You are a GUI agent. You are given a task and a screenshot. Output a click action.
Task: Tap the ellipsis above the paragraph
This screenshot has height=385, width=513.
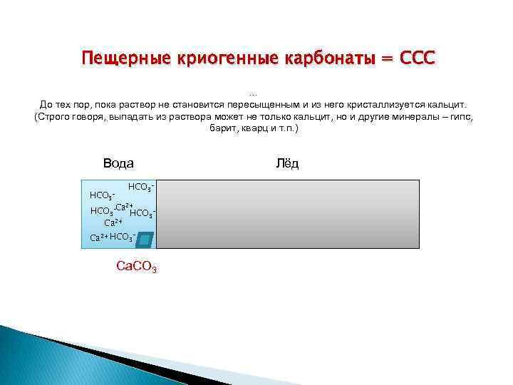tap(254, 93)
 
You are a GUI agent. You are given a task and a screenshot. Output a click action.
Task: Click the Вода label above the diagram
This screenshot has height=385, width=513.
tap(118, 163)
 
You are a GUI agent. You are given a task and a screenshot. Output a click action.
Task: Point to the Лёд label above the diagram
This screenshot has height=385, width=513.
tap(287, 163)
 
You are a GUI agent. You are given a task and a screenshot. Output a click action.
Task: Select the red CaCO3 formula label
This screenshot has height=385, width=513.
tap(136, 267)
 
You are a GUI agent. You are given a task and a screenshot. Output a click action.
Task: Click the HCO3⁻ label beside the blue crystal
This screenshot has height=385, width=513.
tap(123, 236)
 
